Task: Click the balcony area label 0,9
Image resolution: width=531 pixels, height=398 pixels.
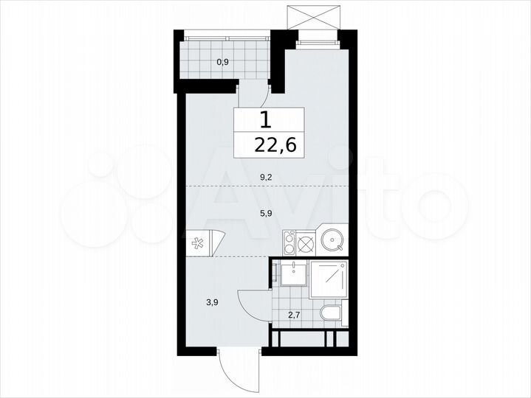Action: (x=222, y=62)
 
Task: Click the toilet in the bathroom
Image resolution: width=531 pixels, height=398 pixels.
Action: (x=332, y=314)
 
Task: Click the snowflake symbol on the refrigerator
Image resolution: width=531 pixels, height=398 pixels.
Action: (x=199, y=243)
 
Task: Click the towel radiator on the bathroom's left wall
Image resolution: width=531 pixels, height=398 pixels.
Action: (x=274, y=275)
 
